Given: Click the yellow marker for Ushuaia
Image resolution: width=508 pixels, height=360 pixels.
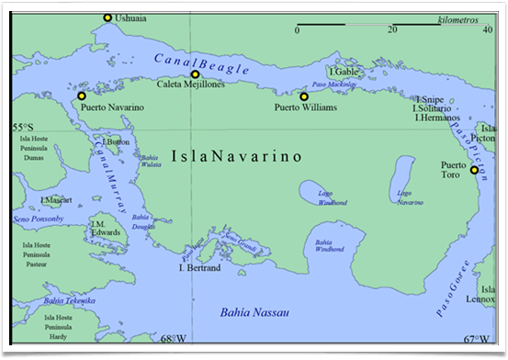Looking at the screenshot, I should click(x=107, y=17).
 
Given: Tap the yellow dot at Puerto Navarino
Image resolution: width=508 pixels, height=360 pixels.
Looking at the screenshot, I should click(x=82, y=96).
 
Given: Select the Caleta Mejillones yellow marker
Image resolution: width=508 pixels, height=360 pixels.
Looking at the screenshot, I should click(x=194, y=74).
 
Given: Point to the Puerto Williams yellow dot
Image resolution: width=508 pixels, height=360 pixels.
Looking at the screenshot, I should click(x=304, y=96).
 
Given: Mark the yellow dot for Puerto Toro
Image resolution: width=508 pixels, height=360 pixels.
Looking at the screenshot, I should click(x=474, y=170).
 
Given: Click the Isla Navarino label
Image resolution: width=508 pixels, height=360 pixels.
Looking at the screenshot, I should click(x=236, y=157).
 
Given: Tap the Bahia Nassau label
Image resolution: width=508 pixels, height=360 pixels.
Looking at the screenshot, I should click(x=254, y=313).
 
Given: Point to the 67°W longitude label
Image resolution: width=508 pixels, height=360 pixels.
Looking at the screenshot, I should click(x=476, y=338).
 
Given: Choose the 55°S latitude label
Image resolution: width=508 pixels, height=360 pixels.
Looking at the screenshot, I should click(x=22, y=127).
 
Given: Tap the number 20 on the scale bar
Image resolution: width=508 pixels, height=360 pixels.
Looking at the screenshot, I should click(x=391, y=30).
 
